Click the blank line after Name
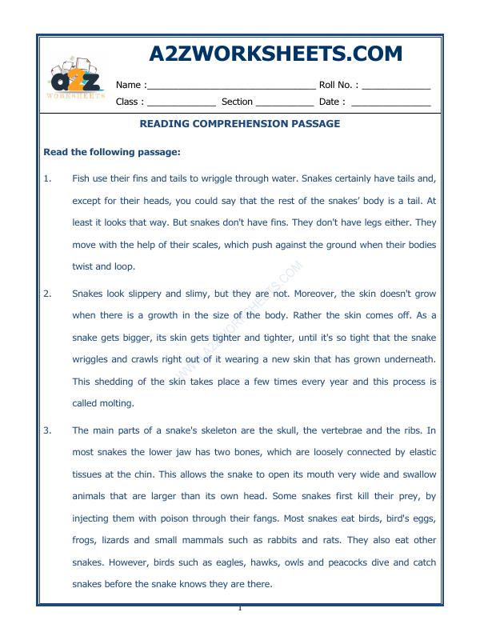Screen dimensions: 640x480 point(231,86)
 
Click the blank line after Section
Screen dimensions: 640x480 point(285,103)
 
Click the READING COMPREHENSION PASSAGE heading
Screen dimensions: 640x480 point(240,124)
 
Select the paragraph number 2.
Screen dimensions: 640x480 point(46,294)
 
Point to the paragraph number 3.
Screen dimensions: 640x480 point(46,430)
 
